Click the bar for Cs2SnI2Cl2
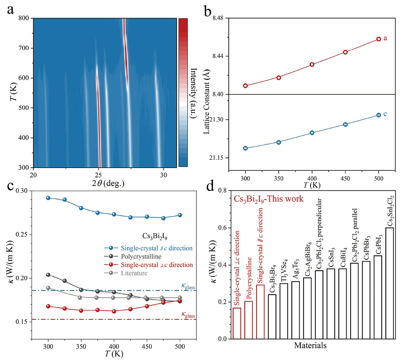[390, 283]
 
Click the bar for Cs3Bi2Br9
[272, 317]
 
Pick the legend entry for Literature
[134, 273]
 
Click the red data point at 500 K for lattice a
[378, 39]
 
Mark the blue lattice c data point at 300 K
[245, 148]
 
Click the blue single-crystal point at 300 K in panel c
[48, 198]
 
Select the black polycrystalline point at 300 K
[48, 275]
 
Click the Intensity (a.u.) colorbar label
[194, 93]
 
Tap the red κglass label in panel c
[188, 315]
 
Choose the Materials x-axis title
[310, 345]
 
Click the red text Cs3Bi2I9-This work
[268, 199]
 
